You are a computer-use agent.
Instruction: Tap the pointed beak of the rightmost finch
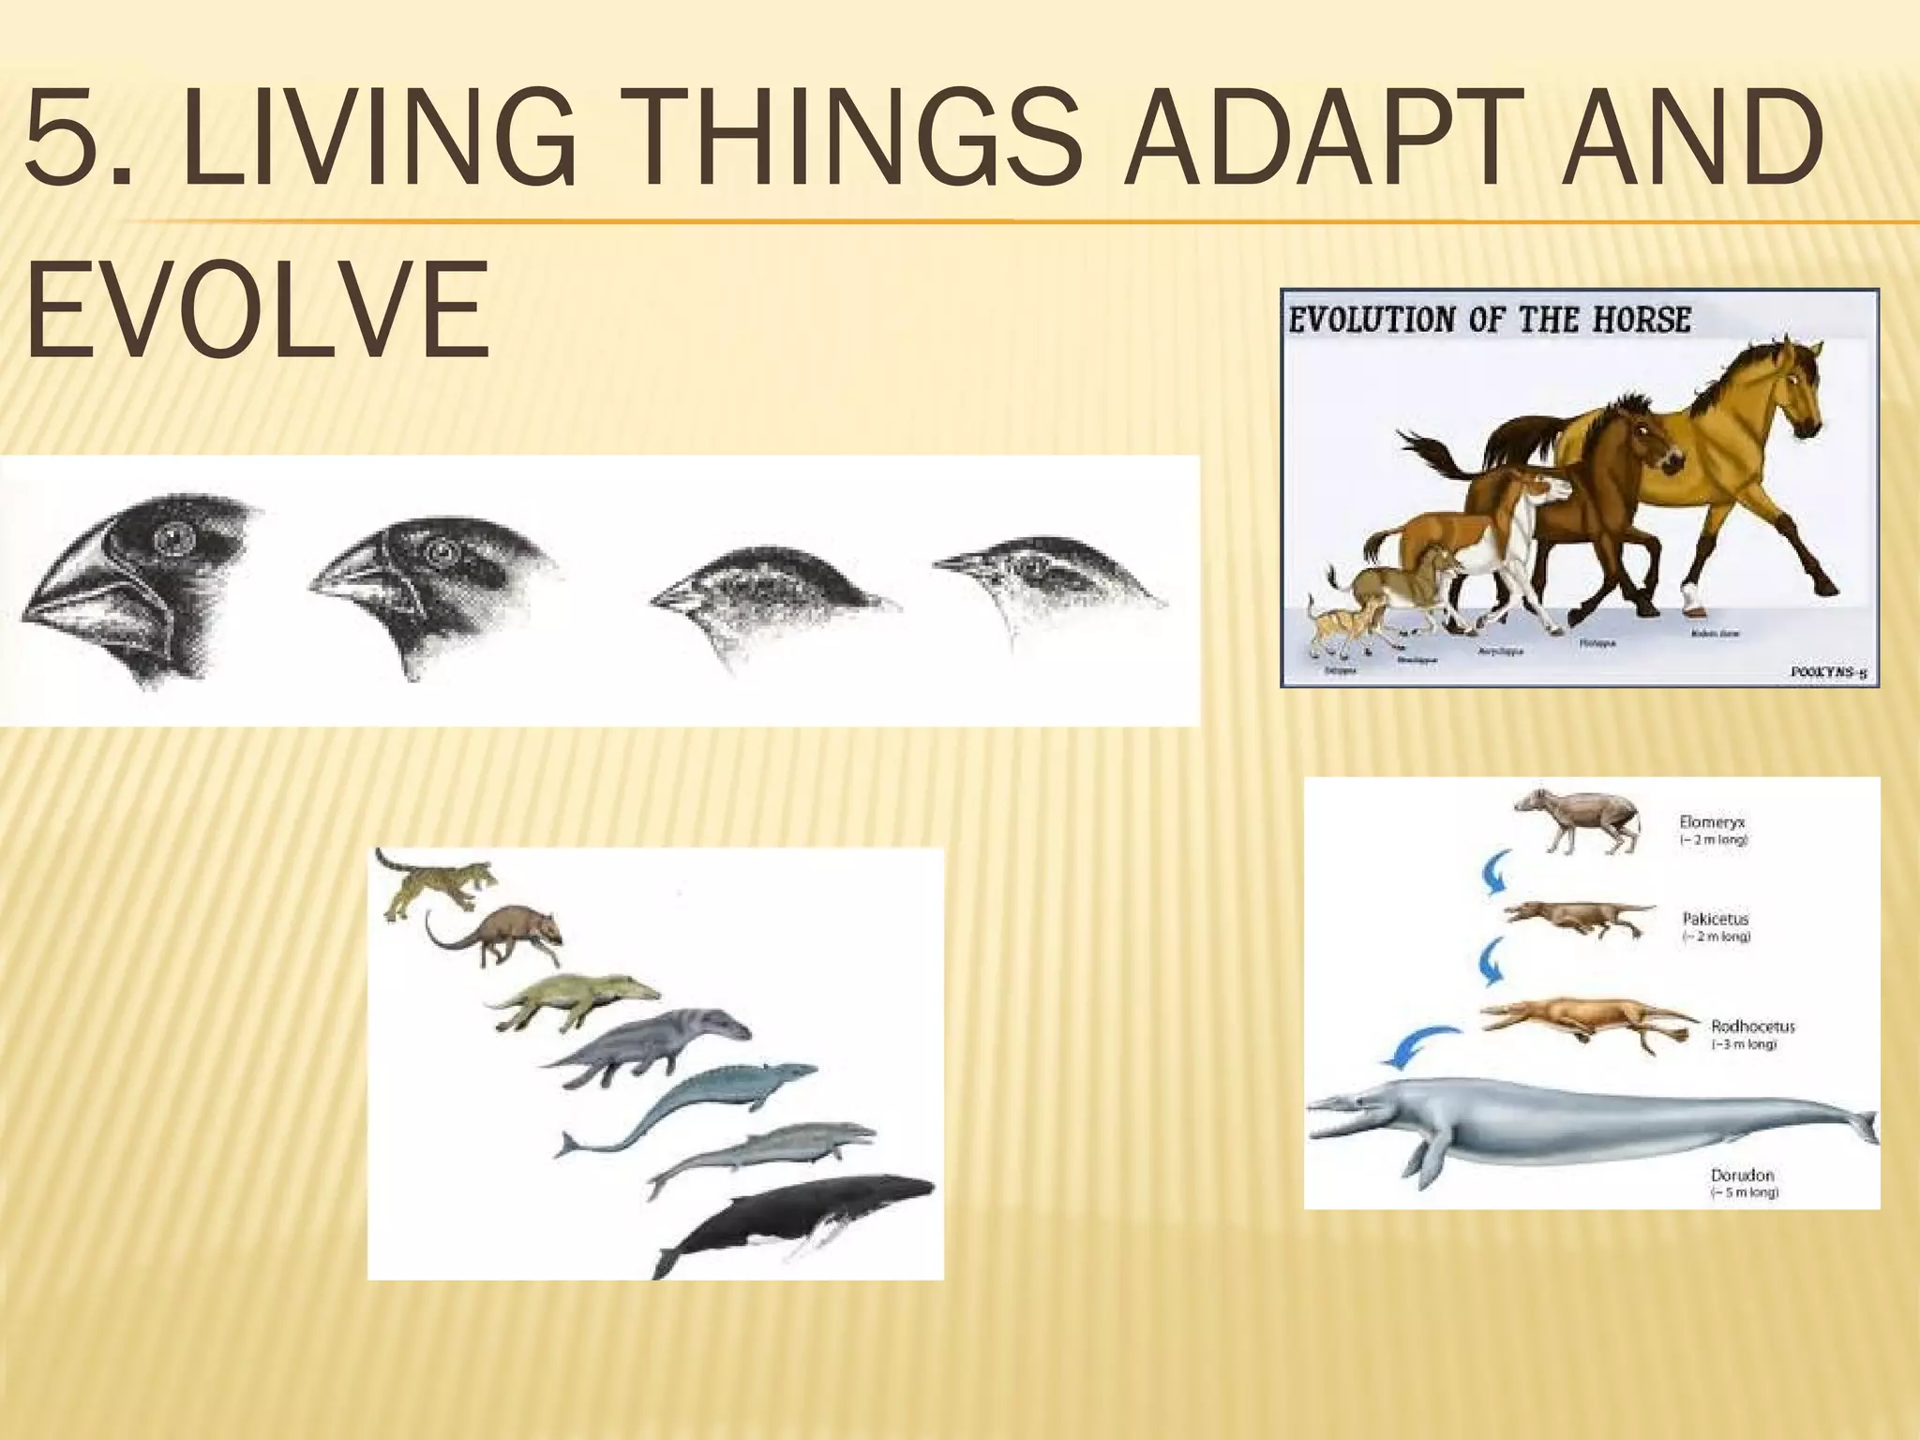(956, 564)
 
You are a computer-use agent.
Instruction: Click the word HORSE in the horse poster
(1641, 321)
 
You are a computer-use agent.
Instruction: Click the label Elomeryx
(1712, 822)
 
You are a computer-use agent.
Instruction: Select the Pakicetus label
(1716, 920)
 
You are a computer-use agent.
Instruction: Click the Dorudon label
(1742, 1175)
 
